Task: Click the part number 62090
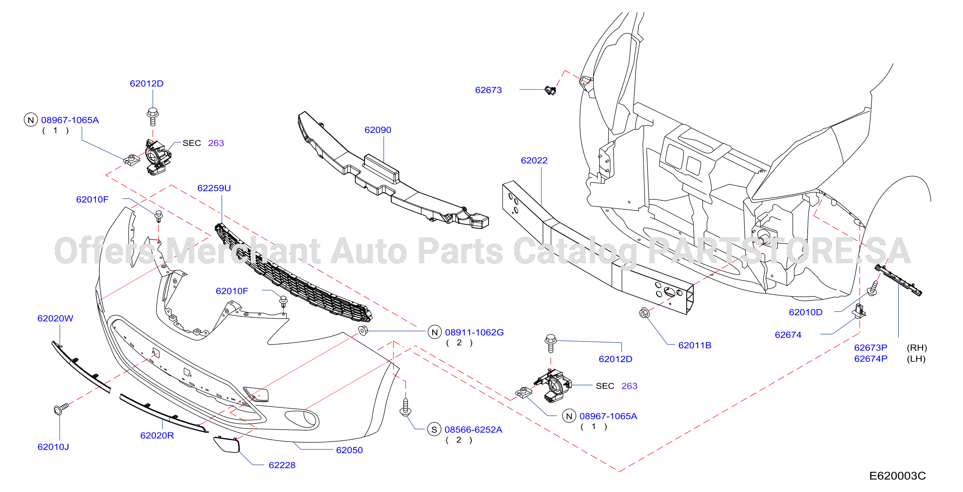[378, 130]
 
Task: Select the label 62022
[534, 160]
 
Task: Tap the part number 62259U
[214, 188]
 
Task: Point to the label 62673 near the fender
[488, 90]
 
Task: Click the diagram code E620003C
[897, 476]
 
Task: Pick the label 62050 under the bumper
[349, 450]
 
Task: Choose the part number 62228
[282, 465]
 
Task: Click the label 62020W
[55, 318]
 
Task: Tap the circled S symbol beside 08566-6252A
[434, 430]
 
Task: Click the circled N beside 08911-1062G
[434, 332]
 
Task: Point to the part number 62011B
[694, 345]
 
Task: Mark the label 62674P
[871, 359]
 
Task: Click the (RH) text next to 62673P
[917, 348]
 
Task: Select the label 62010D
[805, 312]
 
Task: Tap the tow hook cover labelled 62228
[226, 445]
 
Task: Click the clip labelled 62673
[550, 90]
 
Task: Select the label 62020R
[157, 436]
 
